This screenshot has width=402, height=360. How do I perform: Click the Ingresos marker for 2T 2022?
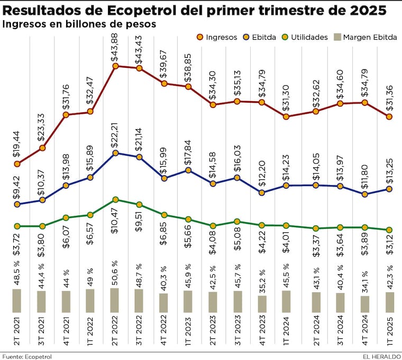click(x=115, y=66)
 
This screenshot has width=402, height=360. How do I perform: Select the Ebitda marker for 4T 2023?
click(x=262, y=192)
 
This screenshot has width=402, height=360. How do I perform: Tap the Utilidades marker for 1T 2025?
click(x=389, y=230)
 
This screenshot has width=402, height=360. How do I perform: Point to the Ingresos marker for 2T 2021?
click(x=17, y=164)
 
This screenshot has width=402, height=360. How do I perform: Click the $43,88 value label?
click(x=115, y=49)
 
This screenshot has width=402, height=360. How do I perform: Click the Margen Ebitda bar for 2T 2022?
click(x=115, y=300)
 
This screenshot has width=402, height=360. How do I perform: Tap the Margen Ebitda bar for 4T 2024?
click(x=364, y=304)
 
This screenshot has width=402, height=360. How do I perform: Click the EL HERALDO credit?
click(x=381, y=356)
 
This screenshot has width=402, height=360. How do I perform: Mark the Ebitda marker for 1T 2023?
click(x=188, y=170)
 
